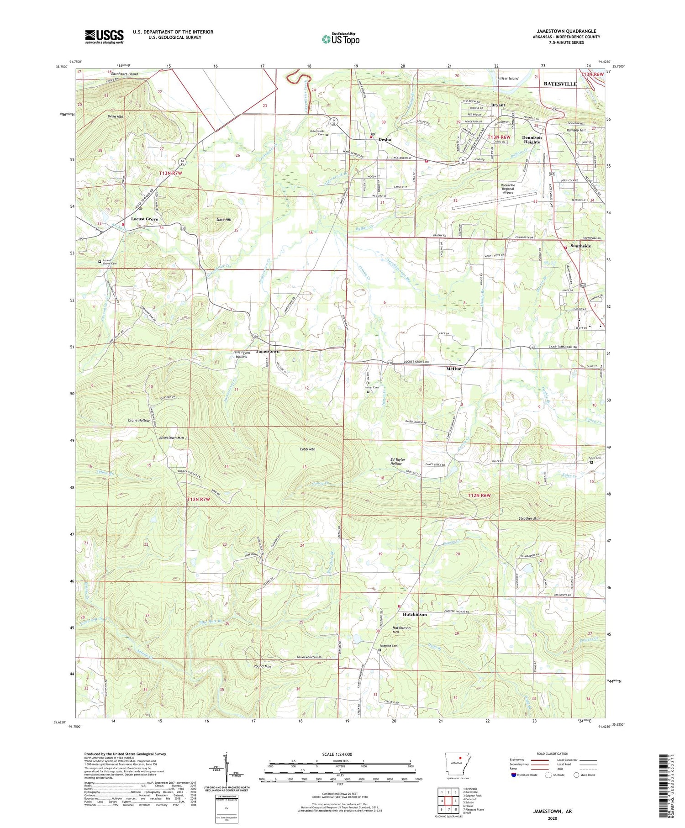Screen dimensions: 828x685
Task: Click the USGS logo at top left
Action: click(104, 37)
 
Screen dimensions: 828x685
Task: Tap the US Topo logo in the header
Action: click(341, 39)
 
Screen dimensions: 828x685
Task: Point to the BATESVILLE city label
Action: click(560, 84)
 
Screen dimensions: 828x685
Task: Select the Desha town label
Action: click(385, 140)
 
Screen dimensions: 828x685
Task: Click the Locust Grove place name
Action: click(144, 219)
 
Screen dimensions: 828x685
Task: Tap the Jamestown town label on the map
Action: click(268, 351)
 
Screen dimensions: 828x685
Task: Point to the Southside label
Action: click(580, 246)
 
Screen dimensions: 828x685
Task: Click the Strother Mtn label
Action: click(529, 518)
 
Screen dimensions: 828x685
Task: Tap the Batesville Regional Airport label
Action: click(508, 189)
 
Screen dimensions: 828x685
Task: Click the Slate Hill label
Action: click(224, 220)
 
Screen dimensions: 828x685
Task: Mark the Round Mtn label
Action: click(262, 666)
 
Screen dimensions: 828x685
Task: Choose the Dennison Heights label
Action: click(532, 140)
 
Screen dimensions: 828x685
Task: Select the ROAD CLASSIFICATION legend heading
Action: click(553, 754)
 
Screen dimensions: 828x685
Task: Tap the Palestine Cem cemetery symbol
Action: click(380, 650)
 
